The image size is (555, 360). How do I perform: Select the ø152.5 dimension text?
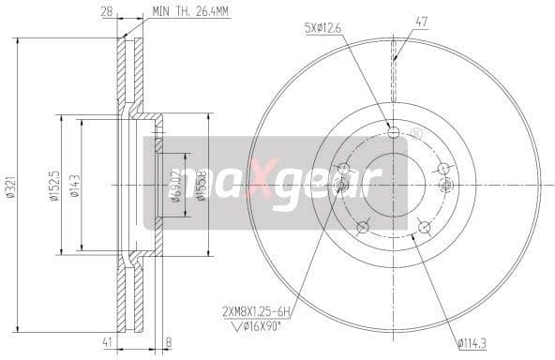[x=54, y=184]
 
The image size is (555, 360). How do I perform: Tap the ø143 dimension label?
[x=74, y=184]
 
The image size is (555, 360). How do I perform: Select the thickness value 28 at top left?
[x=108, y=11]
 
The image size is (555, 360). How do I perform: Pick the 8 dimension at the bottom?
[x=168, y=344]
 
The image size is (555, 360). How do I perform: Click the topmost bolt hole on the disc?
[x=394, y=130]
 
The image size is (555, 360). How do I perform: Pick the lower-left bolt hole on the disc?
[x=362, y=225]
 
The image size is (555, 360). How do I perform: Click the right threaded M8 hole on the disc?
[x=446, y=184]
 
